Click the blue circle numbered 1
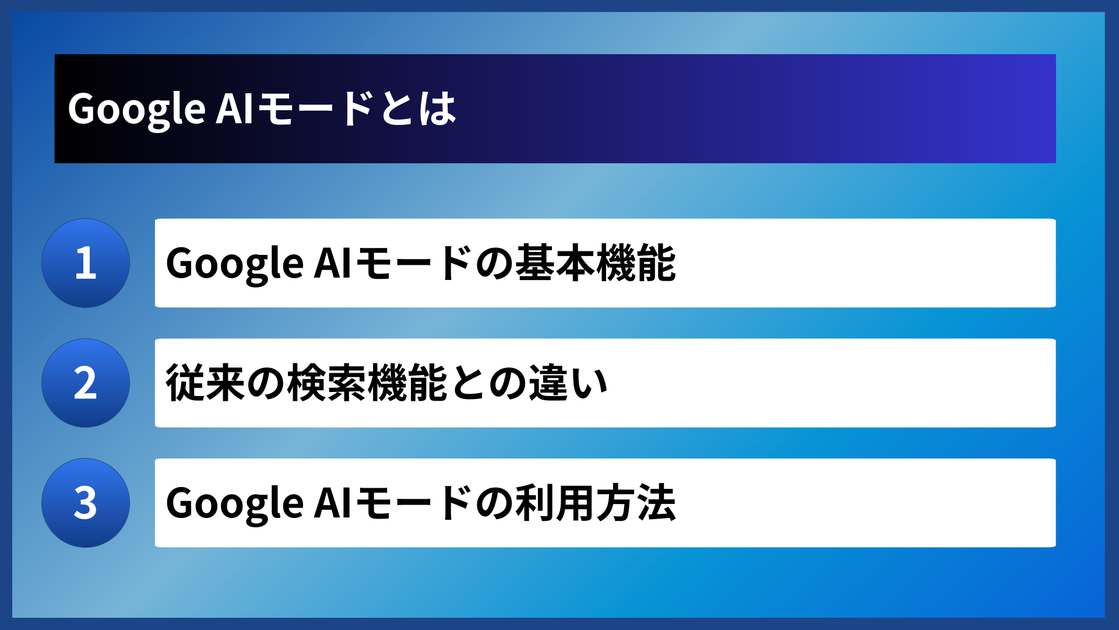click(86, 263)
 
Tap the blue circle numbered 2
click(86, 383)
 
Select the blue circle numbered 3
click(86, 503)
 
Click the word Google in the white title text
click(136, 109)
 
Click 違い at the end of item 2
click(568, 383)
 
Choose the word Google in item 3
click(234, 503)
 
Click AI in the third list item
click(332, 503)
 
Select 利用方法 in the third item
click(596, 503)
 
